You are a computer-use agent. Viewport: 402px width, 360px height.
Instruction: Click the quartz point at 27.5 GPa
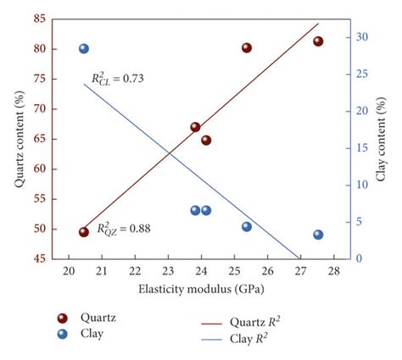[318, 42]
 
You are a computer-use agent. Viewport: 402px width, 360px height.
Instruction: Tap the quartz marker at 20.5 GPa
[84, 231]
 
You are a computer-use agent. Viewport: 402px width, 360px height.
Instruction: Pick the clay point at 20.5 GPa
[84, 49]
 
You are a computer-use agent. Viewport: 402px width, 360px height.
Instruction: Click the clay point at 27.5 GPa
[318, 235]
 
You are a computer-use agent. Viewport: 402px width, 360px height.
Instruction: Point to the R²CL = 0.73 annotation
[118, 79]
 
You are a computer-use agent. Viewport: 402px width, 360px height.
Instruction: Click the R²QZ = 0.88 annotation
[123, 228]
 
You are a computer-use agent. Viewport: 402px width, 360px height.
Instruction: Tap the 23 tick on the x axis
[167, 270]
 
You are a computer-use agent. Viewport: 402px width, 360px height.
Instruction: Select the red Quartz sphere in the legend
[62, 318]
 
